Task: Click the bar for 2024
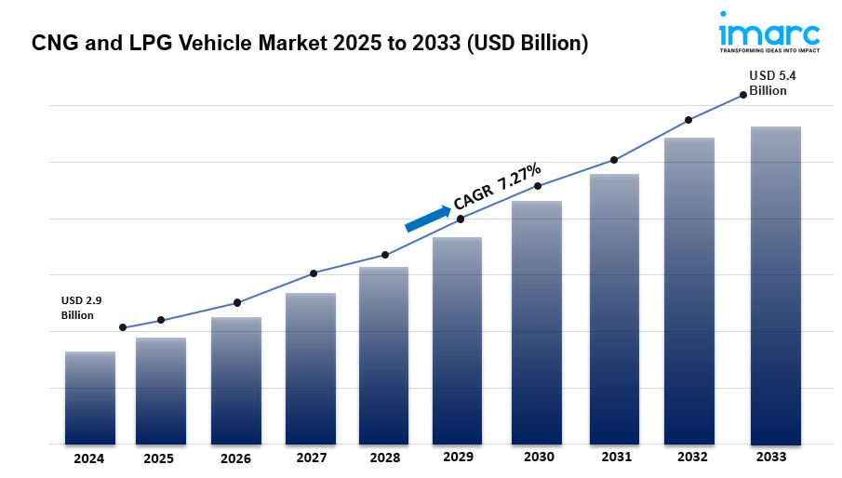[90, 397]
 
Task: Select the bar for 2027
[311, 368]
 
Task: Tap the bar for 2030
[537, 322]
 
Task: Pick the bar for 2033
[776, 285]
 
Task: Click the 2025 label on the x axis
[159, 458]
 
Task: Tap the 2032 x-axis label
[691, 457]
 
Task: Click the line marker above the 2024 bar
[123, 327]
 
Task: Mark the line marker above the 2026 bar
[237, 302]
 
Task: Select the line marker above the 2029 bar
[461, 219]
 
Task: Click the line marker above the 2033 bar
[742, 94]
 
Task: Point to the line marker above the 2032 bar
[688, 120]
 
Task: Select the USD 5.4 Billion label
[768, 84]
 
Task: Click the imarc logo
[768, 35]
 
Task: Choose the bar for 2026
[236, 380]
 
